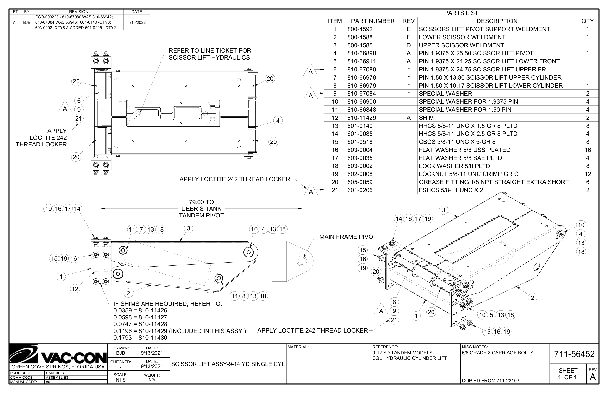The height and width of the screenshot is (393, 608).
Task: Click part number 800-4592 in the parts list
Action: tap(360, 29)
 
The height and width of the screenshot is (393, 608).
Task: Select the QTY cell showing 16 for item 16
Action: tap(587, 150)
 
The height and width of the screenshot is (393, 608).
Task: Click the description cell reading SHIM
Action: tap(426, 118)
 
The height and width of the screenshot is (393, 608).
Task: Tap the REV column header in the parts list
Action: tap(408, 21)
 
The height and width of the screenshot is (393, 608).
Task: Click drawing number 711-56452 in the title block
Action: tap(574, 354)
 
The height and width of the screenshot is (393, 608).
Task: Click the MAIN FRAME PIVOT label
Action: tap(348, 237)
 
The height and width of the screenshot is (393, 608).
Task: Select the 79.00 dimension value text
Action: tap(201, 202)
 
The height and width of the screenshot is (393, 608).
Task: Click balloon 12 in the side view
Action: tap(75, 289)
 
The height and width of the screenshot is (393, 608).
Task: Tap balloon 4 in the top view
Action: tap(278, 121)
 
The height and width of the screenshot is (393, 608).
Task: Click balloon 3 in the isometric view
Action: tap(443, 210)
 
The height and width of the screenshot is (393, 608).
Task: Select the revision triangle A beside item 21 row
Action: tap(311, 191)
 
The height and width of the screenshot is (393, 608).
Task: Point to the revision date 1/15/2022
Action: tap(137, 22)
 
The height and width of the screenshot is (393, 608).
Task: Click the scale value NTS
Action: tap(120, 380)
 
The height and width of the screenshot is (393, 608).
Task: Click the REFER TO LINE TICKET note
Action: tap(210, 54)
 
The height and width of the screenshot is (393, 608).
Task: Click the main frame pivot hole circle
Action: tap(301, 261)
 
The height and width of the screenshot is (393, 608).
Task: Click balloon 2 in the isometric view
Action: tap(532, 298)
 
